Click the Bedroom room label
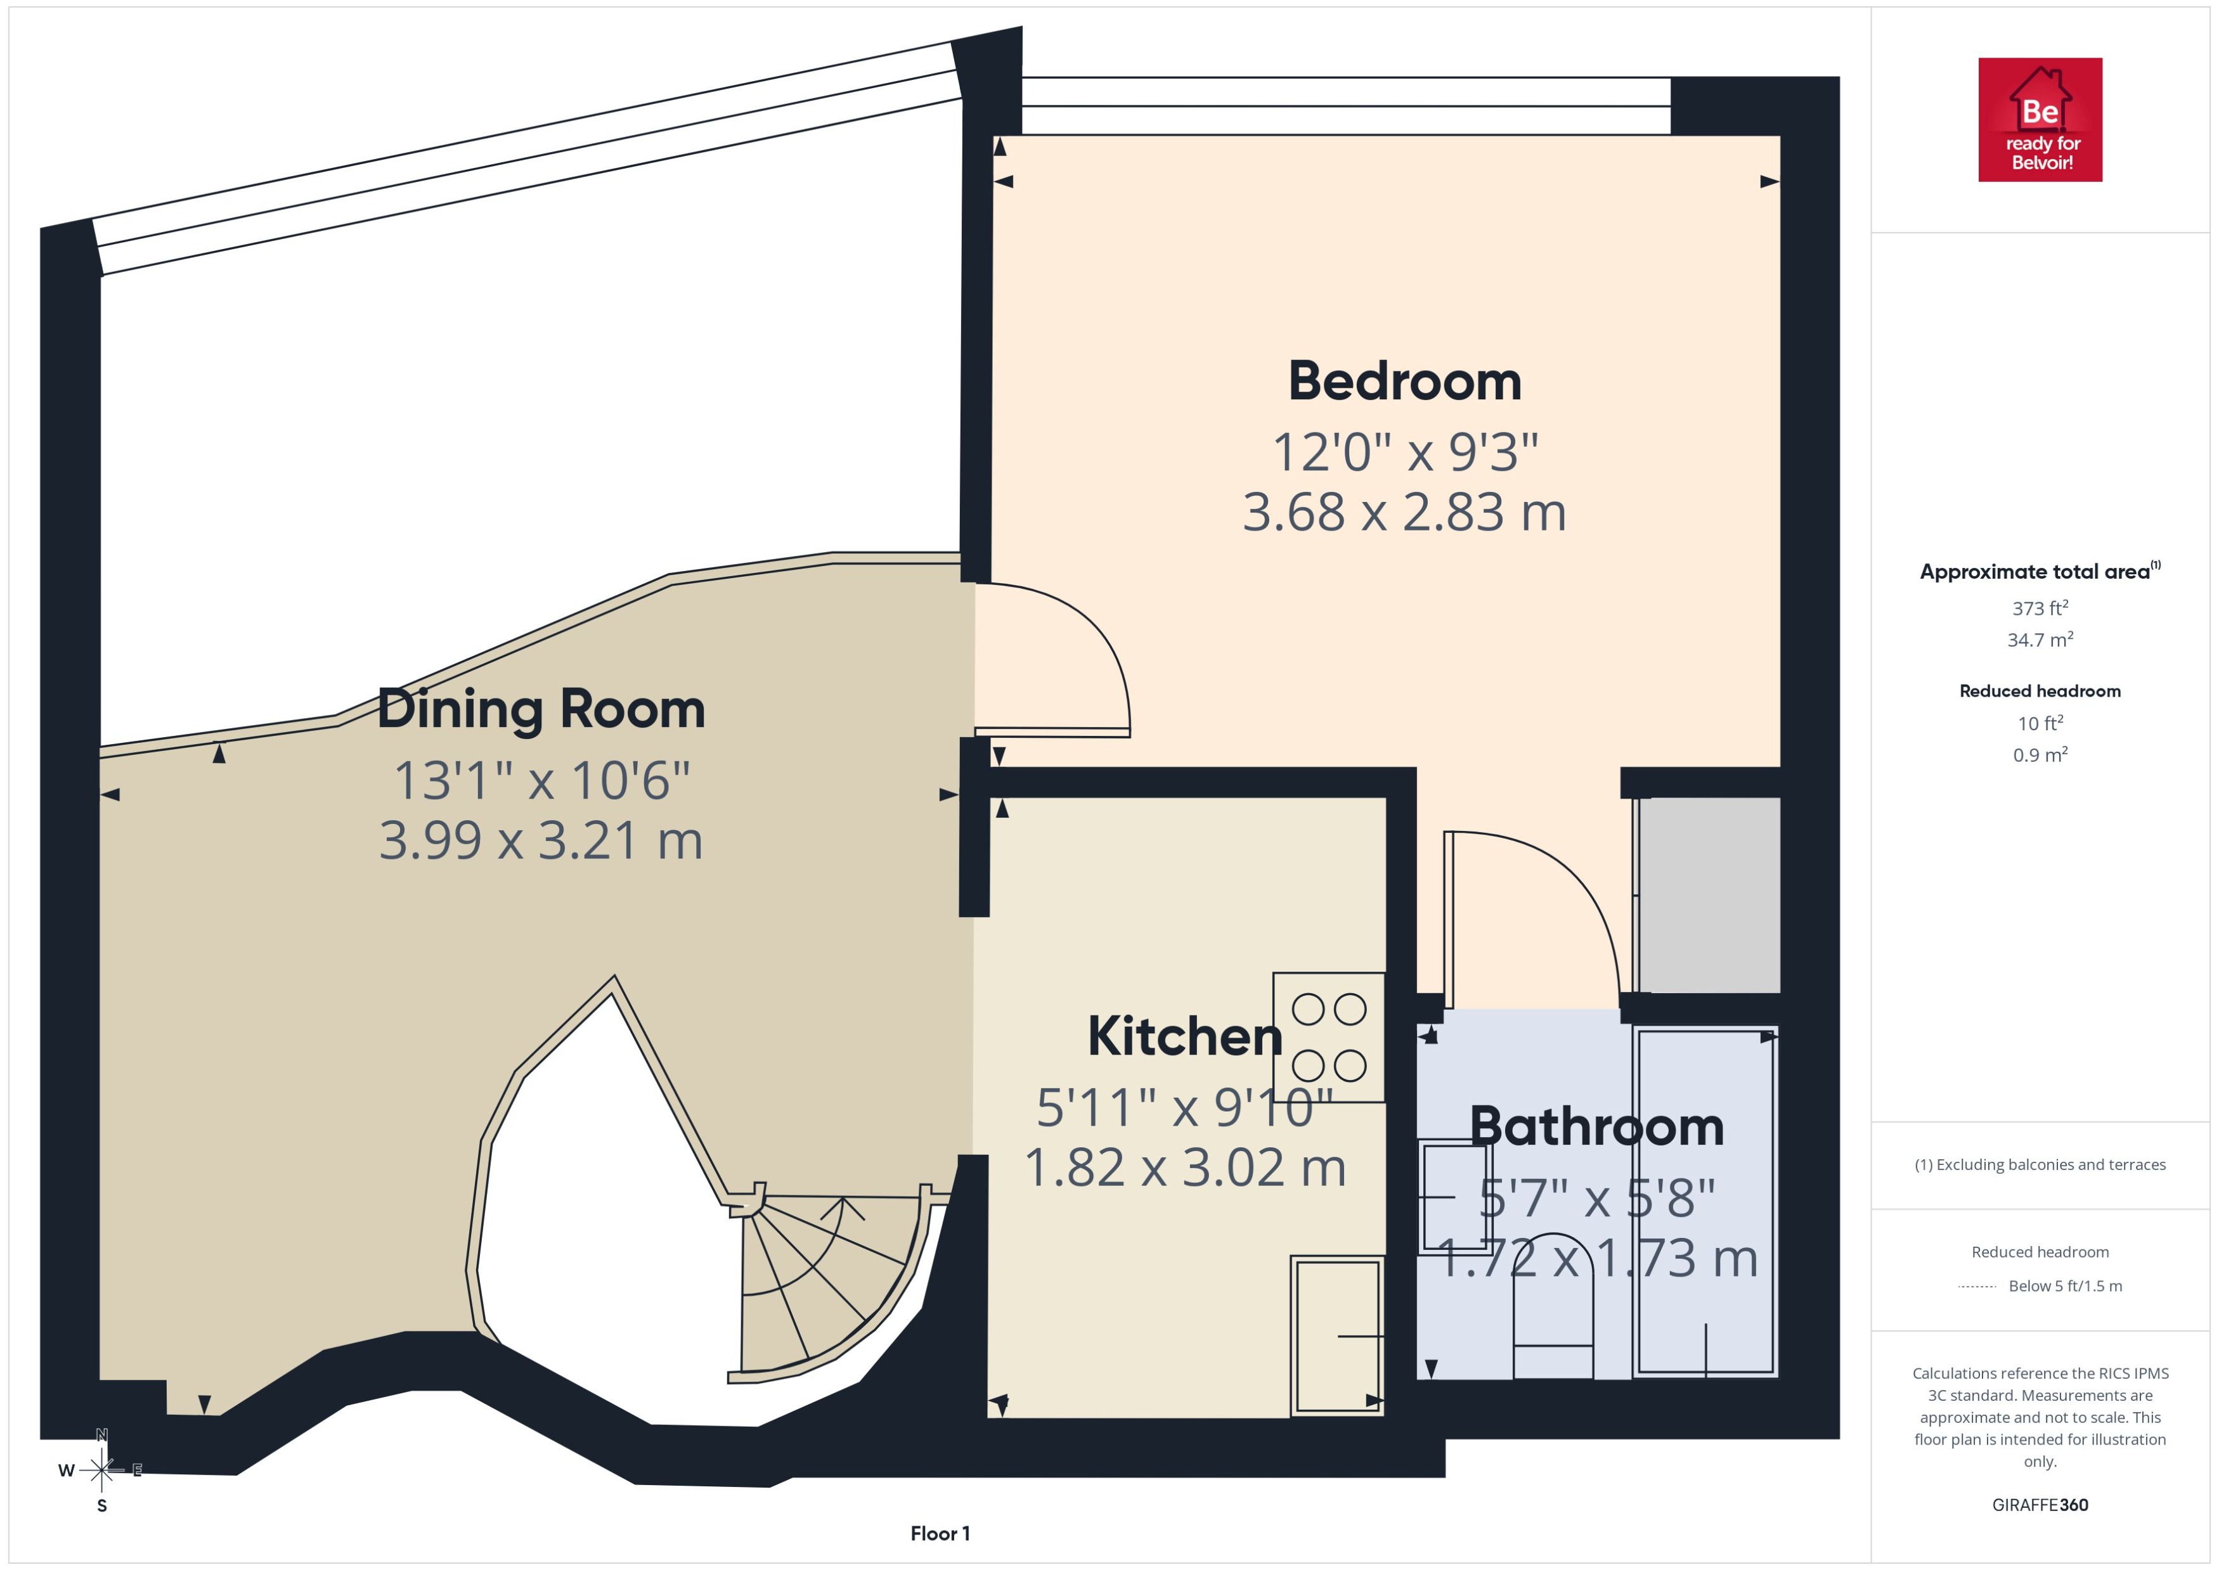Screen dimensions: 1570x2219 [1404, 381]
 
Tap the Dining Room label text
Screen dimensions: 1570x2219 [541, 710]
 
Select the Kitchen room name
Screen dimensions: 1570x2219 [1184, 1036]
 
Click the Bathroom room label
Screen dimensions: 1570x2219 [1596, 1126]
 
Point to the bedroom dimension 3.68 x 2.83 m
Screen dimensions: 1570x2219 [1404, 512]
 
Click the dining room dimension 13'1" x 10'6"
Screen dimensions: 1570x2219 [541, 780]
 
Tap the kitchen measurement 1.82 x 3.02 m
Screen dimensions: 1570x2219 [1184, 1167]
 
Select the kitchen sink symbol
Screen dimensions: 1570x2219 [1337, 1335]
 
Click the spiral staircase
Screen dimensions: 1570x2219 [822, 1276]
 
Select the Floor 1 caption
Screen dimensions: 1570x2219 [939, 1533]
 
